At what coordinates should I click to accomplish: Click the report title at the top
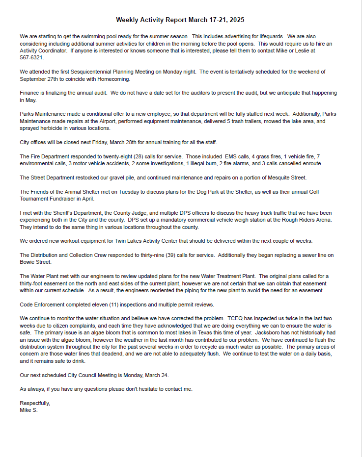coord(180,20)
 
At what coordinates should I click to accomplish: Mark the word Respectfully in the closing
coord(35,403)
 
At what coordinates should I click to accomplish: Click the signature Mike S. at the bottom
coord(28,410)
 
